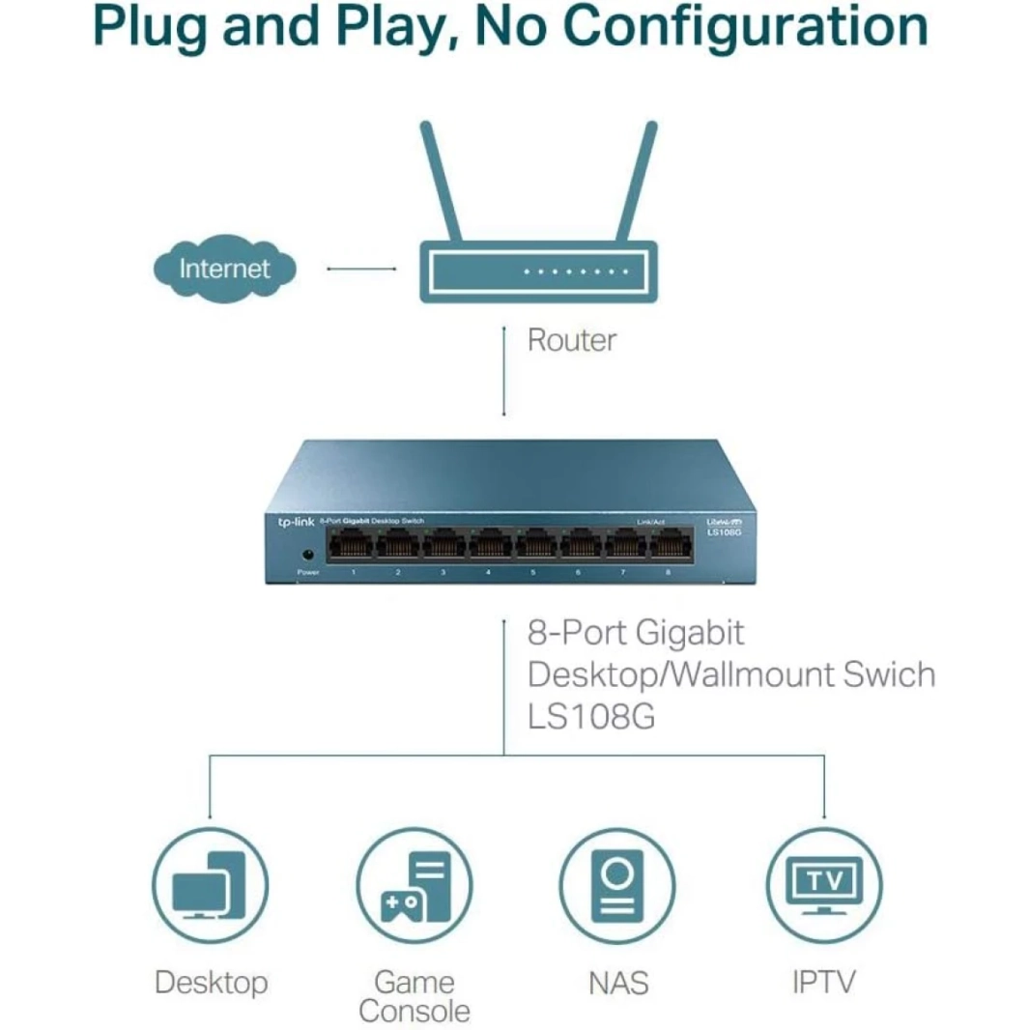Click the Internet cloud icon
pos(224,268)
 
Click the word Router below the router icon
pos(571,340)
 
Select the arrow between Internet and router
pos(361,268)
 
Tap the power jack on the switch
pos(308,555)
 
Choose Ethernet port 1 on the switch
pos(352,547)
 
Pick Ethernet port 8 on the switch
pos(668,547)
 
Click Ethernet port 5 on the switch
pos(532,547)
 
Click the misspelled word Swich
pos(888,674)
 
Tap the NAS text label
pos(617,984)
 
